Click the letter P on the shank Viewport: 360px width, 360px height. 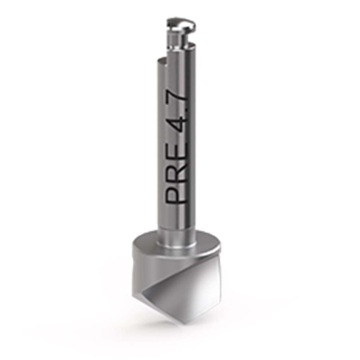tap(176, 195)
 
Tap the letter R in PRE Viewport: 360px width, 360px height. tap(176, 172)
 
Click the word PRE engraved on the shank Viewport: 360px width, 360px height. tap(176, 172)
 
